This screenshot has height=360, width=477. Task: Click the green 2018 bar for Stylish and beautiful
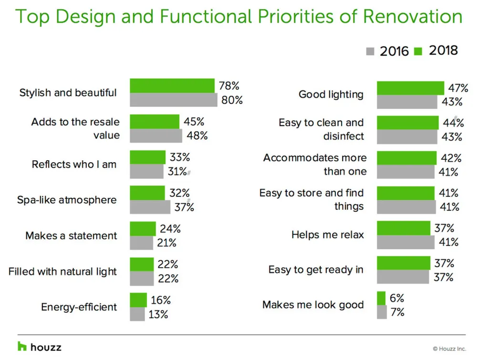tap(172, 86)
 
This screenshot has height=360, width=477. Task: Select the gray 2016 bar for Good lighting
tap(407, 102)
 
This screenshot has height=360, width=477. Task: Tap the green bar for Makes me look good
tap(381, 298)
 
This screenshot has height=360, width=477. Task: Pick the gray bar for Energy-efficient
tap(137, 314)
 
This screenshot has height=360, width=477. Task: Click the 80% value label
tap(232, 100)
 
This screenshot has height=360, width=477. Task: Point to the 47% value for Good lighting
tap(457, 88)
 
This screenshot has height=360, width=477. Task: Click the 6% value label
tap(396, 298)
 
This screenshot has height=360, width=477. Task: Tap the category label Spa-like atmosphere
tap(67, 200)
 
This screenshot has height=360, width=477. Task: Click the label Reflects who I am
tap(74, 165)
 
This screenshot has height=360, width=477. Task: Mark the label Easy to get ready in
tap(316, 270)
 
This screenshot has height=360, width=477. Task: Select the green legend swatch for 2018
tap(419, 51)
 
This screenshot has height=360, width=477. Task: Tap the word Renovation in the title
tap(413, 17)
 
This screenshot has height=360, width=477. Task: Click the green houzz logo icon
tap(22, 347)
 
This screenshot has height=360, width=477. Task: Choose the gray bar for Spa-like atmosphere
tap(150, 207)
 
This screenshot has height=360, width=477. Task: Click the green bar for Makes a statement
tap(143, 228)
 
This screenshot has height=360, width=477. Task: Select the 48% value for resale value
tap(197, 135)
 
